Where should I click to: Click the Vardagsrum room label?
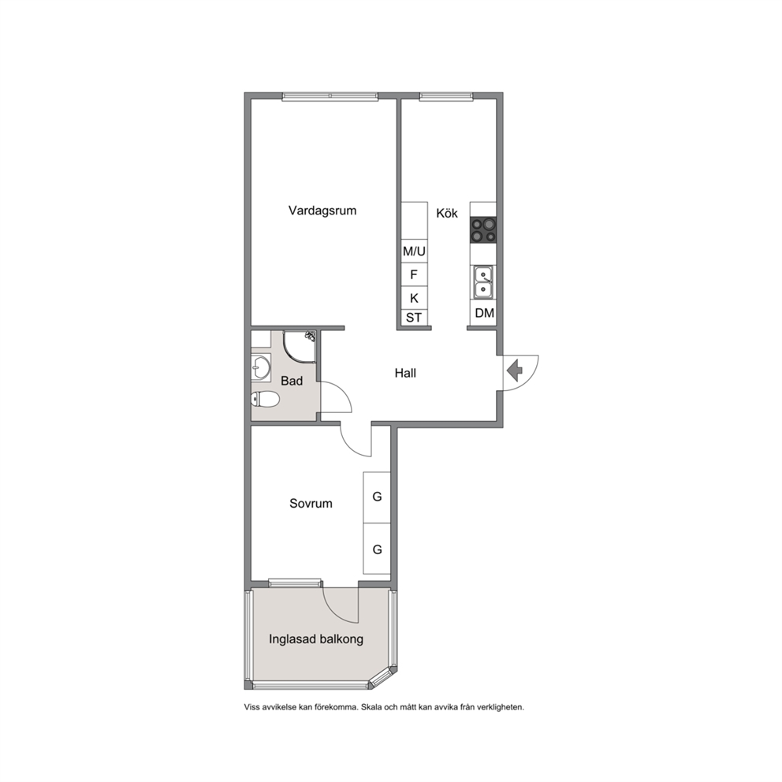pos(322,210)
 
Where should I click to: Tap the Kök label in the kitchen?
pos(447,213)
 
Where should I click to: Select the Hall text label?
pos(405,373)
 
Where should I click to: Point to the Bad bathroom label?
pos(292,381)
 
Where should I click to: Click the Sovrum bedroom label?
pos(311,503)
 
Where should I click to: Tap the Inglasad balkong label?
pos(316,639)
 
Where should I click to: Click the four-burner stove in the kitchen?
pos(483,230)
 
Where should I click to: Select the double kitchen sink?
pos(483,282)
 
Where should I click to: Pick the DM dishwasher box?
pos(483,313)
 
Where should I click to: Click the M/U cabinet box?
pos(415,251)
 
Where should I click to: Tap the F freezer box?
pos(415,275)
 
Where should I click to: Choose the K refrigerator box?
pos(415,298)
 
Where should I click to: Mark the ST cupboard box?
pos(415,318)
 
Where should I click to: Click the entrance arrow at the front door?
pos(514,371)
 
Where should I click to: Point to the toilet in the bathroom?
pos(265,399)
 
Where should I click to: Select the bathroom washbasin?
pos(261,367)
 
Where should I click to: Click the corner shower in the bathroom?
pos(300,346)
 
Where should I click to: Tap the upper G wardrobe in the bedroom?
pos(377,497)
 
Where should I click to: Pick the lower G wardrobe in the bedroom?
pos(377,549)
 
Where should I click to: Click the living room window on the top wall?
pos(330,96)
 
